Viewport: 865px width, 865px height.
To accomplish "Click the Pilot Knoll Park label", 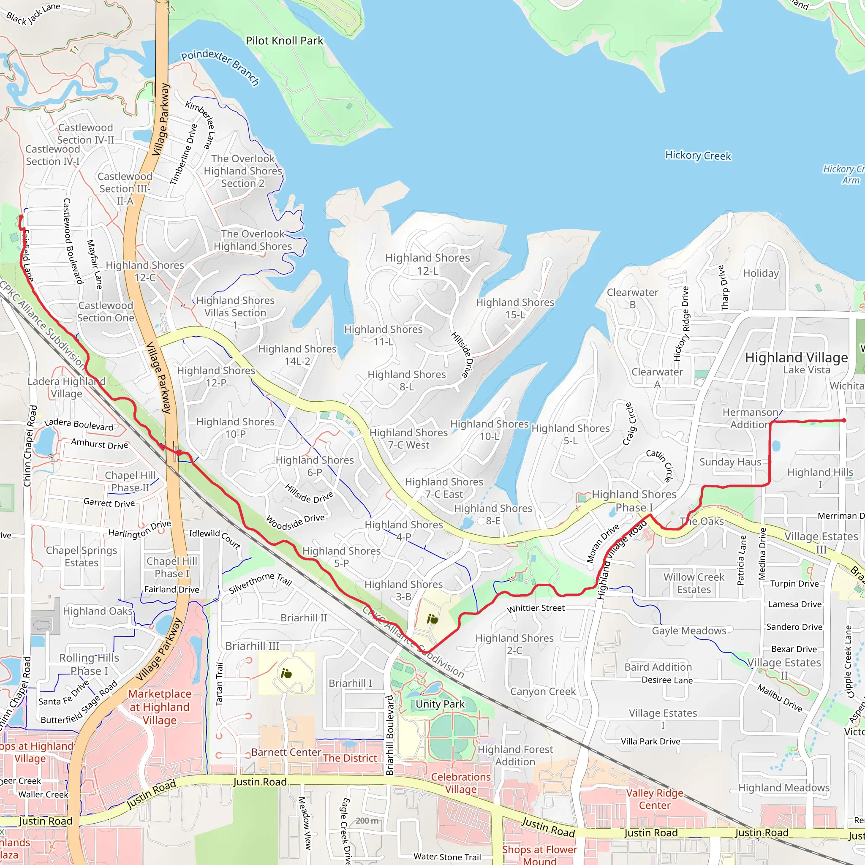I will coord(284,41).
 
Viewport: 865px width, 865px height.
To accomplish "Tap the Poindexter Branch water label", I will coord(220,67).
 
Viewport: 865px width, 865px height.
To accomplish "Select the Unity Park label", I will coord(440,704).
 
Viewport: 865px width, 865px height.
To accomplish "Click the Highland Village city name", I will coord(796,357).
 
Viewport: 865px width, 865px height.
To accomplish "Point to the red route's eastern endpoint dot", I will coord(843,420).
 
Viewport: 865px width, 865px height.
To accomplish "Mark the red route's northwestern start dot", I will coord(21,217).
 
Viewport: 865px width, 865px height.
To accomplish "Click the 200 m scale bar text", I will coord(367,821).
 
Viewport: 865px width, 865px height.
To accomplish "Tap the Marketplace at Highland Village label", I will coord(159,707).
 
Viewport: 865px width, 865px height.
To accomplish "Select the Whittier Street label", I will coord(536,608).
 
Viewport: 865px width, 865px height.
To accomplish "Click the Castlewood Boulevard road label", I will coord(73,241).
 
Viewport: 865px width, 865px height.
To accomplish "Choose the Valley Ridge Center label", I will coord(654,799).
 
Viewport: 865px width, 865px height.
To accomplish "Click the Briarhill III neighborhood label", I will coord(252,646).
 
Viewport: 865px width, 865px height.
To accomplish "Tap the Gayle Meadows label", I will coord(688,631).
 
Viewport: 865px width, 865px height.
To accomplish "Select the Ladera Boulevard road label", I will coord(79,425).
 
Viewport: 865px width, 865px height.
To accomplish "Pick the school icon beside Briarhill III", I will coord(286,673).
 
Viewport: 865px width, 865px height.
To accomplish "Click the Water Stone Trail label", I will coord(447,857).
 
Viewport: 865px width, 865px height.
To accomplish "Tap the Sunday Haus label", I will coord(730,462).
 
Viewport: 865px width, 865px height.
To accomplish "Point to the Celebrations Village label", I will coord(460,783).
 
